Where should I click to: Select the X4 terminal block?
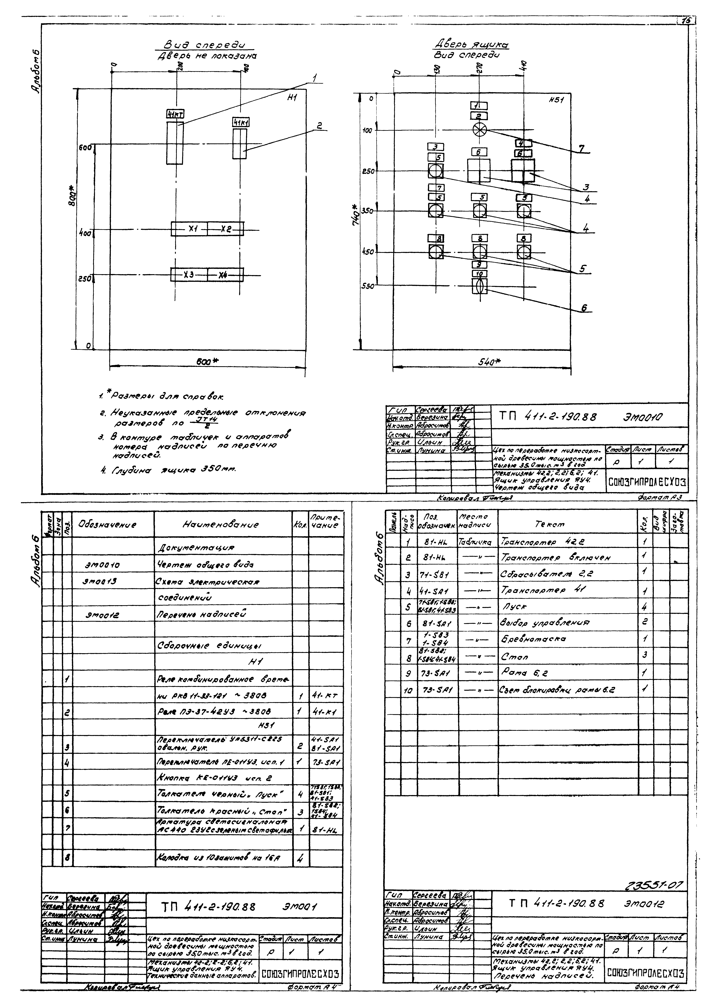[225, 275]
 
